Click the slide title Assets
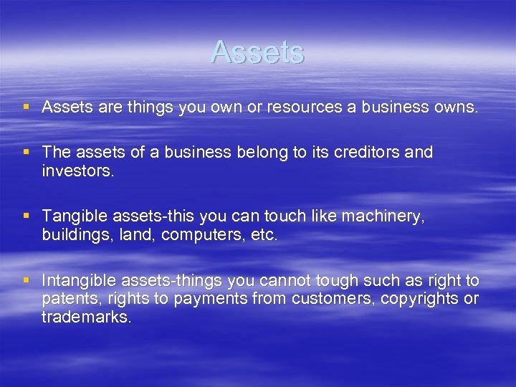258,52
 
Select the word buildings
76,234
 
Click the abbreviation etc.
263,234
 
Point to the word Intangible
79,280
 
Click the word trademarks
87,317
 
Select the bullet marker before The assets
27,152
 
